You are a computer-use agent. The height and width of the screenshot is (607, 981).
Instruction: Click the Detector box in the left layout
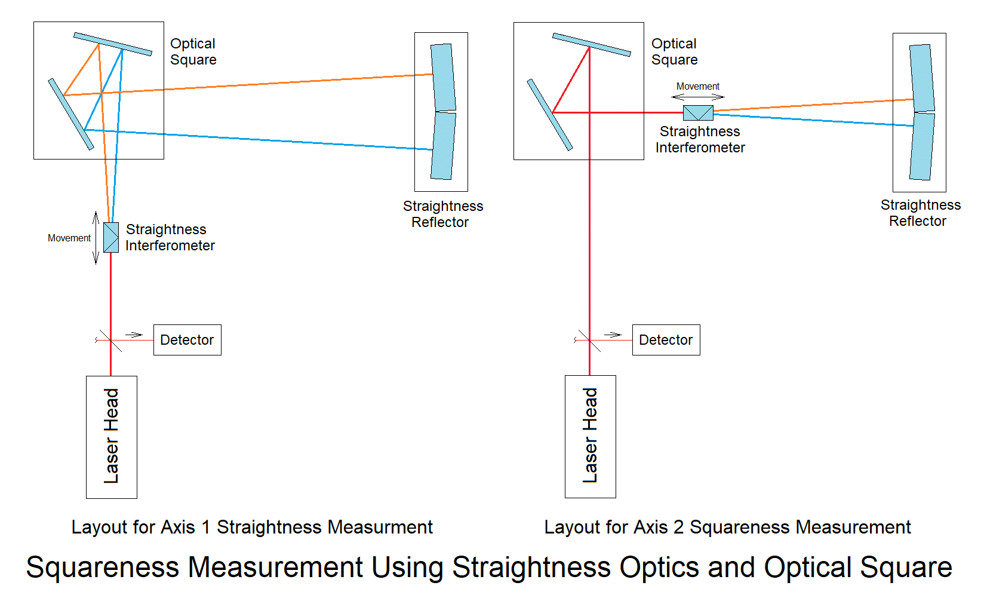[x=187, y=340]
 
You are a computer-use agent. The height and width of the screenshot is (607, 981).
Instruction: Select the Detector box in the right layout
[x=666, y=340]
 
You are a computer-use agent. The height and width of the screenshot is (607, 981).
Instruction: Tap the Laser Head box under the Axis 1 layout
[x=112, y=437]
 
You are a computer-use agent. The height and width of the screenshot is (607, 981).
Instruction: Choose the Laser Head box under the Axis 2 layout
[x=591, y=436]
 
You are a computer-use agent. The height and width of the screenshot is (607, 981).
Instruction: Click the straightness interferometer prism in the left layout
[x=111, y=237]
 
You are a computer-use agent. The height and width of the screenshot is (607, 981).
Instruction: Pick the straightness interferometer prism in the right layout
[x=698, y=113]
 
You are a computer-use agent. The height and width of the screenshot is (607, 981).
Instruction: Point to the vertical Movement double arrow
[x=96, y=237]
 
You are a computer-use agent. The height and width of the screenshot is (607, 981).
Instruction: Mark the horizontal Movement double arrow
[x=698, y=96]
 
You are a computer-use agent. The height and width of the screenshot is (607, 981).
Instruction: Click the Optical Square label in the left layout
[x=193, y=52]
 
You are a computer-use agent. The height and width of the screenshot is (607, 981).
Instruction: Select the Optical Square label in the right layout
[x=674, y=52]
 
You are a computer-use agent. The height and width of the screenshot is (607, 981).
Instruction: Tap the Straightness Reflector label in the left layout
[x=442, y=214]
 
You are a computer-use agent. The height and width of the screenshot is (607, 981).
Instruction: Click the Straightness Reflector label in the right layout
[x=920, y=213]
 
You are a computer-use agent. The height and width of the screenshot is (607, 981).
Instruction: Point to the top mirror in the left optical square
[x=113, y=44]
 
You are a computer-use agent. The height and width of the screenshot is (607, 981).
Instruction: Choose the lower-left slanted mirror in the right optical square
[x=550, y=114]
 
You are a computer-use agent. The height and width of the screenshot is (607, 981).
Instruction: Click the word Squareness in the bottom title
[x=103, y=568]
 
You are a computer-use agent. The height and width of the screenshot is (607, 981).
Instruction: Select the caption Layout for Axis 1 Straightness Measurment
[x=251, y=527]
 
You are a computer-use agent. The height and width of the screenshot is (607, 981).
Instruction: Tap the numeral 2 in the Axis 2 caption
[x=678, y=527]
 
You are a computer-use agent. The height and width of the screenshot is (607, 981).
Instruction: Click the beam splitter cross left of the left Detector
[x=111, y=340]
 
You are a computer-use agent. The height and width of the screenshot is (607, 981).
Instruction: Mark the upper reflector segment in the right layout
[x=922, y=78]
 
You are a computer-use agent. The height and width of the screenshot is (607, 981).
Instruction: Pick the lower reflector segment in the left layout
[x=442, y=146]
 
